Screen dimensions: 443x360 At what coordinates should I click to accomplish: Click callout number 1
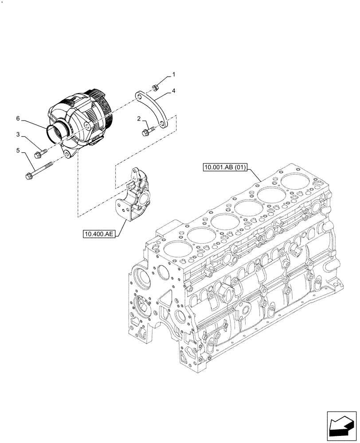tap(174, 74)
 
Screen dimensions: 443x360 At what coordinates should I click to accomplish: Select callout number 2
tap(139, 118)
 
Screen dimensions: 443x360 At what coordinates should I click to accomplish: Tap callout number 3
tap(18, 134)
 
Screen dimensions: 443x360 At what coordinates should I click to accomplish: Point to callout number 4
tap(174, 91)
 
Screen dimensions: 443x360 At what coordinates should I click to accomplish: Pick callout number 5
tap(18, 151)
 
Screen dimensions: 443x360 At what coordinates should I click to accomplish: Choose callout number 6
tap(18, 118)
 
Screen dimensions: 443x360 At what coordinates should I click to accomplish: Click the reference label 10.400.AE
tap(98, 233)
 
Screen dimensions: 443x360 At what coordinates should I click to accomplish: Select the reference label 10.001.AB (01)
tap(226, 167)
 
